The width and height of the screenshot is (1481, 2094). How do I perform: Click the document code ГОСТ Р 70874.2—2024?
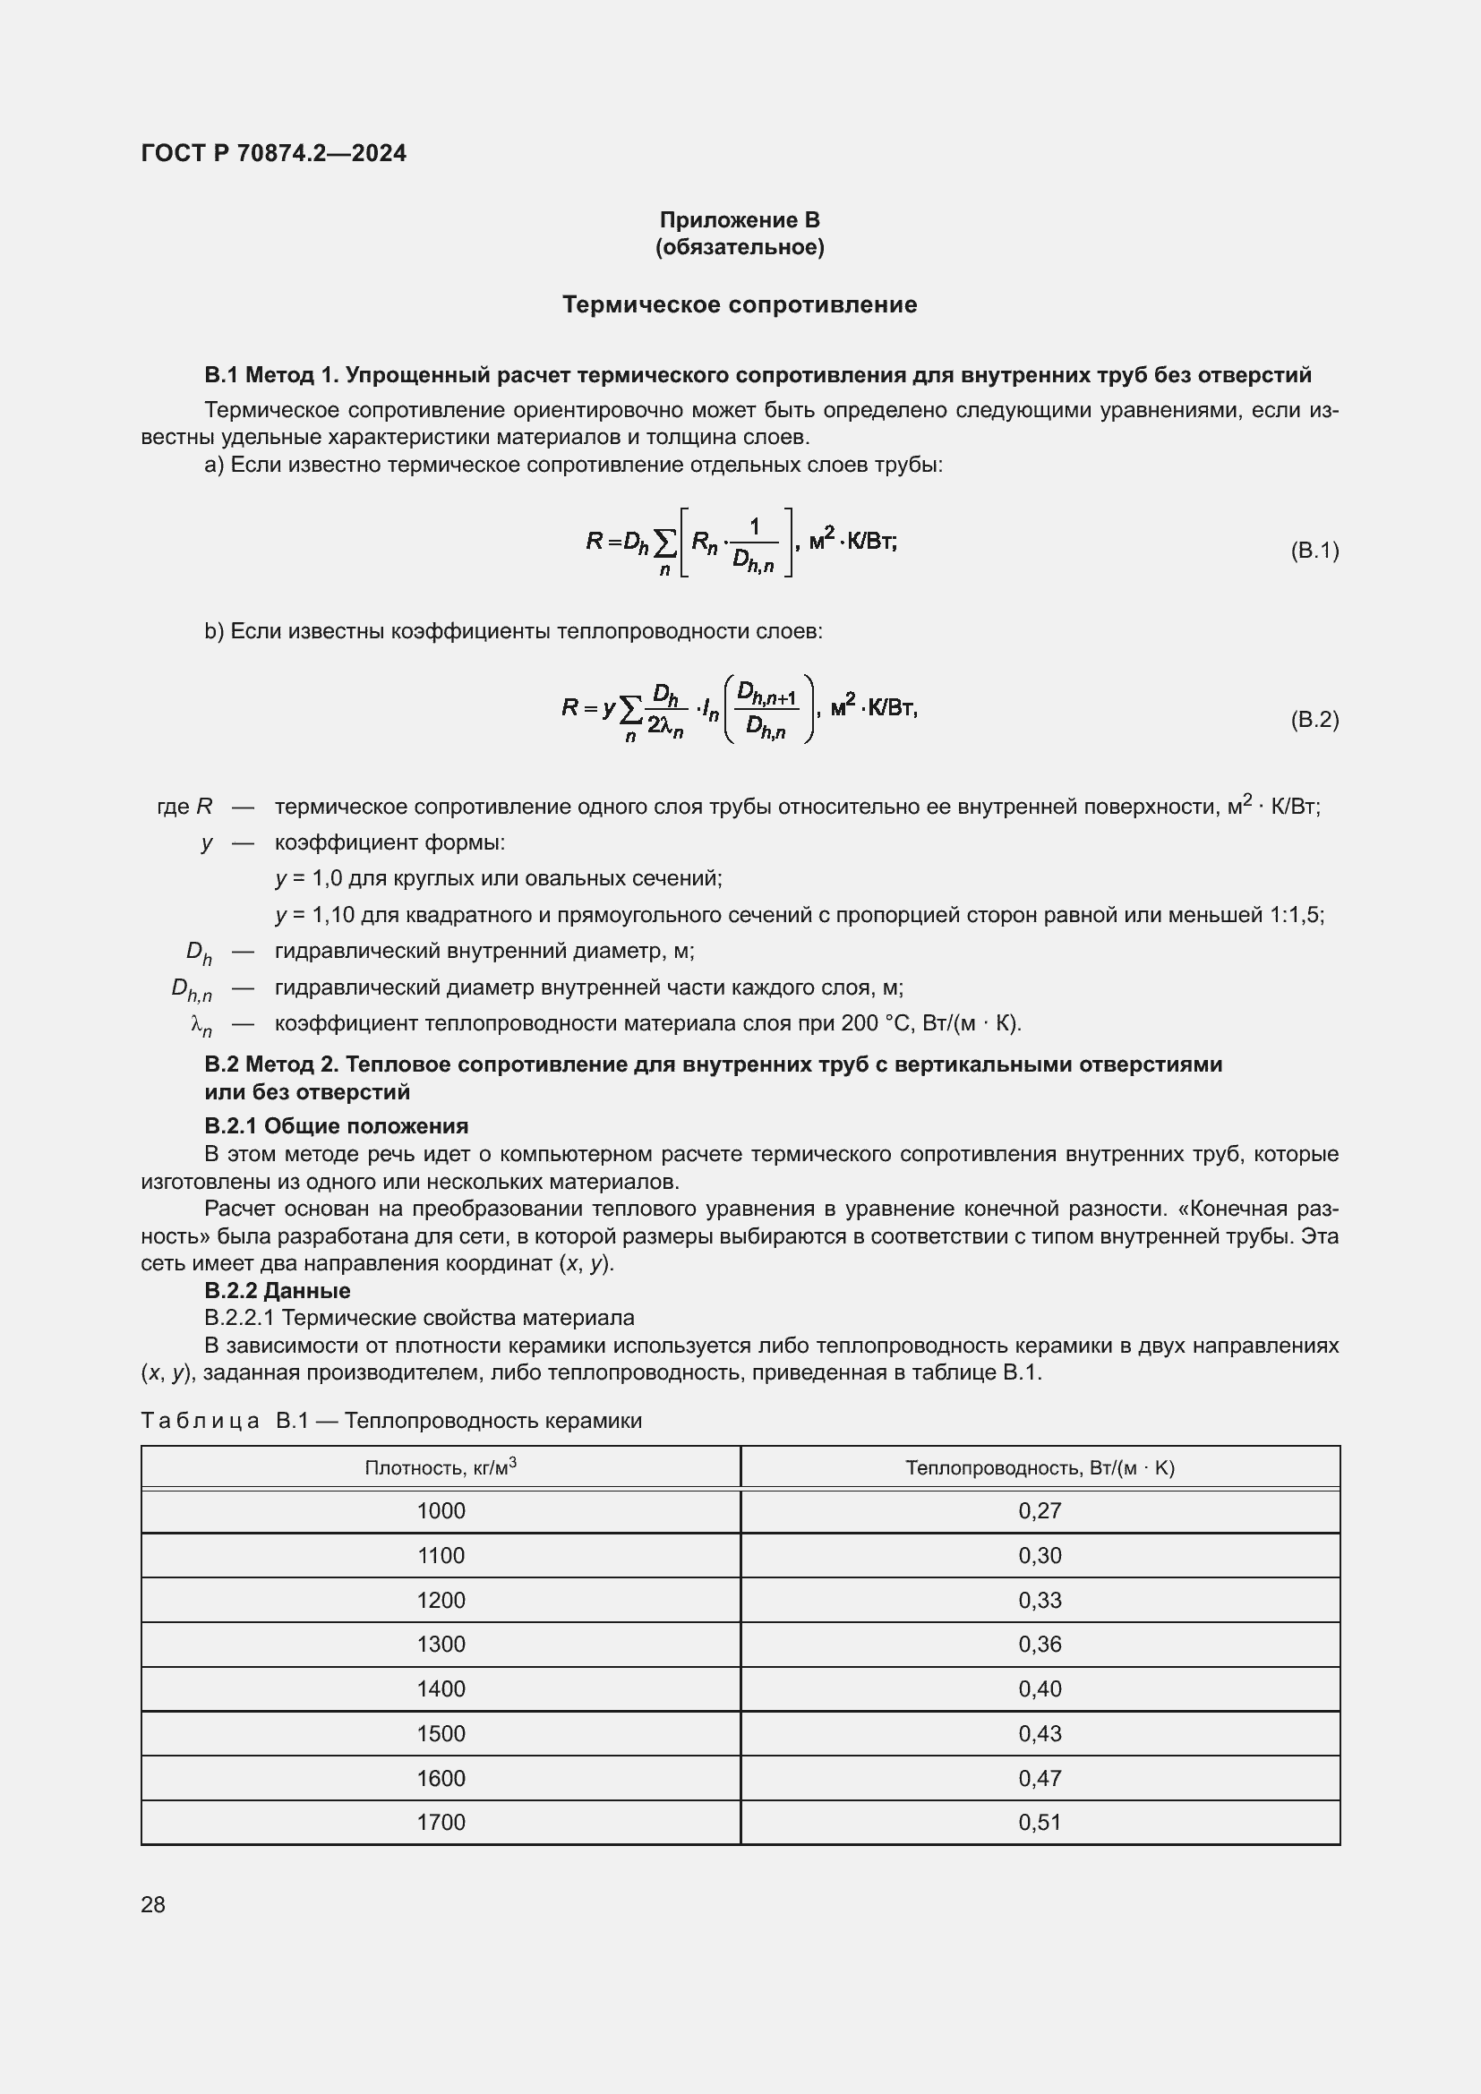[274, 153]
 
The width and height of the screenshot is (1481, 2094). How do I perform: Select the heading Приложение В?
[740, 220]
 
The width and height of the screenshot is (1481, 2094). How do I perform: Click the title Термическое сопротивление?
[740, 304]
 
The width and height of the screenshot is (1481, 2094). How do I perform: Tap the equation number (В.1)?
[1314, 550]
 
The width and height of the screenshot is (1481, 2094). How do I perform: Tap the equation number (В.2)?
[1314, 720]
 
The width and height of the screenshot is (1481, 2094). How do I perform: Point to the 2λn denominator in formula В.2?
[665, 726]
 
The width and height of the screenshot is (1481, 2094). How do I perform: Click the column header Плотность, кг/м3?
[441, 1467]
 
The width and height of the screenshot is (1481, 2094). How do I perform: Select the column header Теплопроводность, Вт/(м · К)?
[1040, 1467]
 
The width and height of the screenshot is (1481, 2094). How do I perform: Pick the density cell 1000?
[441, 1511]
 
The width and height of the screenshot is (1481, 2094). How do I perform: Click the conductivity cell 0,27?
[1040, 1511]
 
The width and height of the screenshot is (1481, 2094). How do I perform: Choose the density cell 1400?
[441, 1689]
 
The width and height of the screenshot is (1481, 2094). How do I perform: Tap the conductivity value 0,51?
[1040, 1822]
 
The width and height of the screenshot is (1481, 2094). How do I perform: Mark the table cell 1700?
[441, 1822]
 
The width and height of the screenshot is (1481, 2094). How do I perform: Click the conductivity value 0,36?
[1040, 1645]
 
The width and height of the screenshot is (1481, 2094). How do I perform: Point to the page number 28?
[153, 1904]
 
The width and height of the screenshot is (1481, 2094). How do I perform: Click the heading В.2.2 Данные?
[278, 1291]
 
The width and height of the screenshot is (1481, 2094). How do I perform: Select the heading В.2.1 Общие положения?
[337, 1126]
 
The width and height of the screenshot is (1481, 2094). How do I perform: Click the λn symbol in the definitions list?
[201, 1026]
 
